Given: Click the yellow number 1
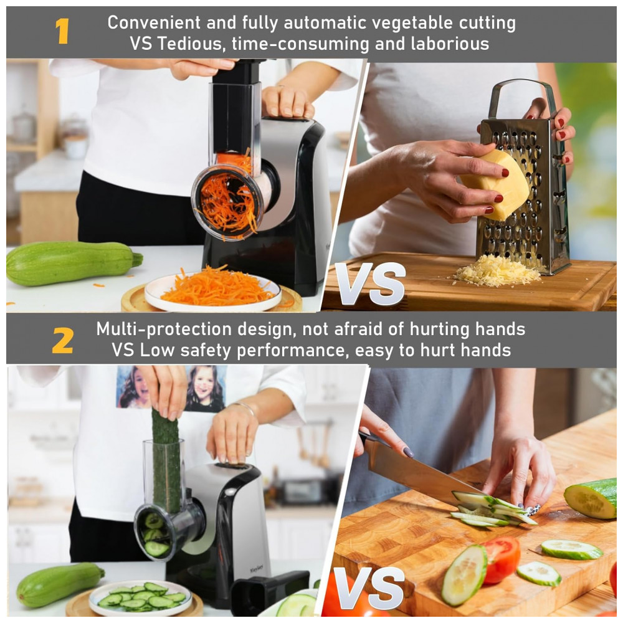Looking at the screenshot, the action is point(62,31).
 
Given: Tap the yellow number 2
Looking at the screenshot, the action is point(63,341).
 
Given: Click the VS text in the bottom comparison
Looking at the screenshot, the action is point(369,589).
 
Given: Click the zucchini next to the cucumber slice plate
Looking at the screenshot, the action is point(60,584).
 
